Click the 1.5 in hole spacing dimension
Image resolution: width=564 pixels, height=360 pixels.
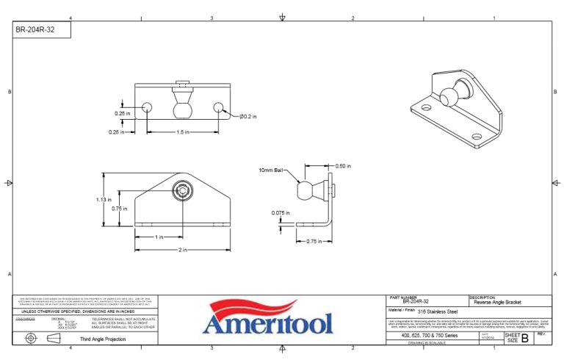coord(182,132)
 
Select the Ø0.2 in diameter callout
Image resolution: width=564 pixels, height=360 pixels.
coord(247,117)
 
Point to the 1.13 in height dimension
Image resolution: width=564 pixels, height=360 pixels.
coord(104,199)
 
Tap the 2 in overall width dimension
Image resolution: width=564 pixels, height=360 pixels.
coord(181,251)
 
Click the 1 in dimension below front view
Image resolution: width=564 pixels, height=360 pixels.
coord(159,237)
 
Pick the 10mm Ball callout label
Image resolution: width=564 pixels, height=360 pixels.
coord(271,170)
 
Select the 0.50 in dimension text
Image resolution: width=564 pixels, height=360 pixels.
coord(342,165)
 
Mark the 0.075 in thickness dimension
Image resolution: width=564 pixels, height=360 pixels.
coord(278,213)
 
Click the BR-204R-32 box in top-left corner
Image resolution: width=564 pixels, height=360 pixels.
coord(41,30)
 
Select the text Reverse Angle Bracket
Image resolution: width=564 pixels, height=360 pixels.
coord(497,301)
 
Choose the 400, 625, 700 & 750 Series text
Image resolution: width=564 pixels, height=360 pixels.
coord(430,335)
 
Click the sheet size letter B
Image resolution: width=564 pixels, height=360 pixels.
coord(524,337)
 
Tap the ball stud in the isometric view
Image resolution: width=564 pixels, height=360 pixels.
coord(450,97)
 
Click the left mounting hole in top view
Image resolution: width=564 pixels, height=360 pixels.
coord(147,108)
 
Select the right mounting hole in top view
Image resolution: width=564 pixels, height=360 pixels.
coord(218,108)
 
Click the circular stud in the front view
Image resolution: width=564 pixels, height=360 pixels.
coord(181,192)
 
